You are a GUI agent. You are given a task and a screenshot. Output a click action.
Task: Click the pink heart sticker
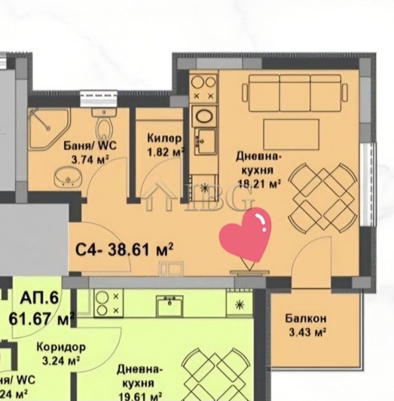pos(245,236)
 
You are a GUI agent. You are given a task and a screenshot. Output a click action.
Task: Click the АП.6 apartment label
pos(44,298)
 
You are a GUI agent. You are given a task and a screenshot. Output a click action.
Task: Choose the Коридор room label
pos(60,347)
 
